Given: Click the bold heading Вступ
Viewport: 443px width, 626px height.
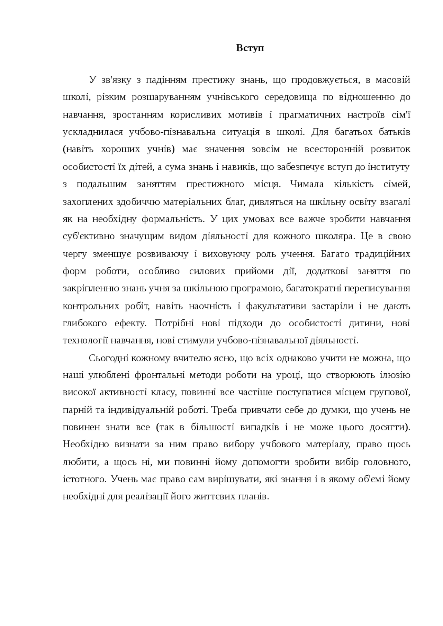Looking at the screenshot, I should click(x=250, y=48).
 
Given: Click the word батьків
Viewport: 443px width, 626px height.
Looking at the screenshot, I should click(x=395, y=132).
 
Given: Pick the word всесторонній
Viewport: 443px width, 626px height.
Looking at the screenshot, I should click(x=334, y=150).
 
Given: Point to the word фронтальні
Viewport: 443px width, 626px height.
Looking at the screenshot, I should click(x=158, y=375).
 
